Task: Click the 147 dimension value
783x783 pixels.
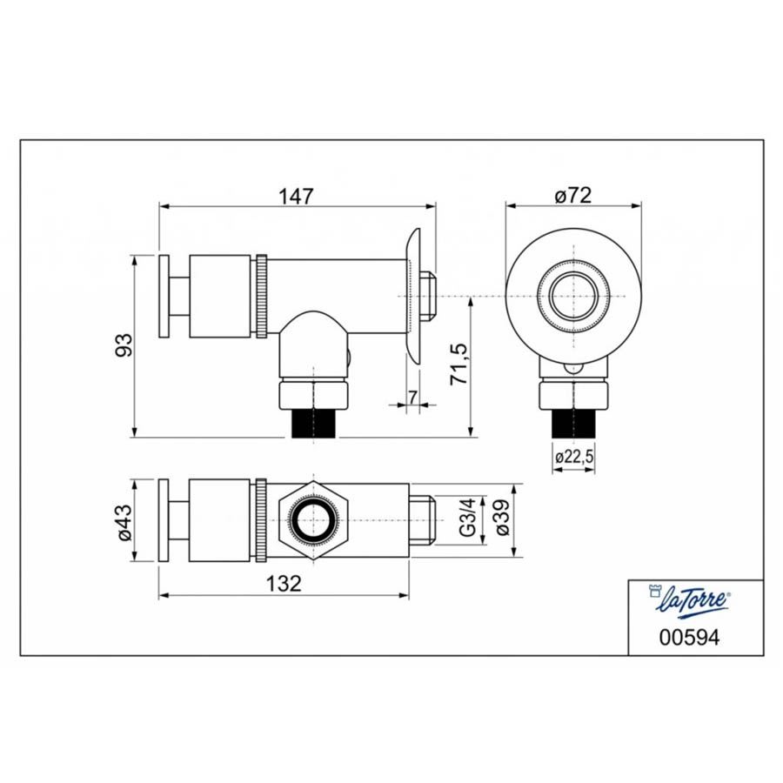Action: (x=296, y=196)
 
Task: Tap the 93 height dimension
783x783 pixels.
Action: (x=124, y=345)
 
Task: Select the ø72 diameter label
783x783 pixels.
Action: (x=572, y=195)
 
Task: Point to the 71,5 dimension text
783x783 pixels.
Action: (x=460, y=364)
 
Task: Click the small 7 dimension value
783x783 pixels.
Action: (x=412, y=398)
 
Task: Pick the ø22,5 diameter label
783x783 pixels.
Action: (x=574, y=457)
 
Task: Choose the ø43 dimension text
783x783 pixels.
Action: (x=124, y=522)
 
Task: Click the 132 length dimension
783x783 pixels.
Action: (x=284, y=583)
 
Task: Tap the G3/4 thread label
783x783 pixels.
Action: (x=468, y=520)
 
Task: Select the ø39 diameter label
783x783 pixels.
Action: (x=503, y=519)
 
